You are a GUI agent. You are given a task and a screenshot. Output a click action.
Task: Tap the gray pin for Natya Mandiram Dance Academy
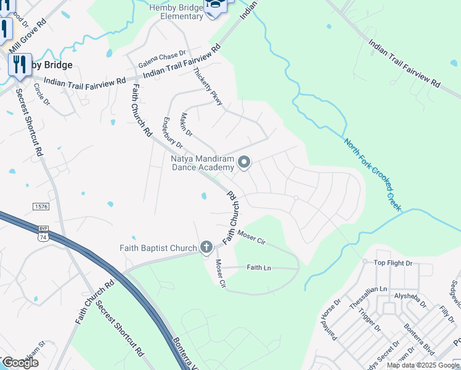(244, 162)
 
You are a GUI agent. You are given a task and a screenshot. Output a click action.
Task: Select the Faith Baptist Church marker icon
(206, 248)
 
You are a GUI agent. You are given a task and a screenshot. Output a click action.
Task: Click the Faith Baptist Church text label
(158, 248)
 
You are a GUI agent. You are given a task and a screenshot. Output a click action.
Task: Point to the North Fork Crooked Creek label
(373, 175)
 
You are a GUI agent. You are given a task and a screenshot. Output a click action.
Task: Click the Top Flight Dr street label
(396, 263)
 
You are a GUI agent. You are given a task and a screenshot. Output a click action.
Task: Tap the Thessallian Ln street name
(366, 289)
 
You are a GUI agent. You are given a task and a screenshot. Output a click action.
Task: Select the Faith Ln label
(259, 268)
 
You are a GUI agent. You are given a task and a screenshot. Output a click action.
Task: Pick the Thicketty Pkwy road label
(208, 86)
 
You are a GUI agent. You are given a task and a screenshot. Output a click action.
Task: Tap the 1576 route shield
(41, 205)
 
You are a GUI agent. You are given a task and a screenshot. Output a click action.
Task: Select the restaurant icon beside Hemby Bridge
(19, 64)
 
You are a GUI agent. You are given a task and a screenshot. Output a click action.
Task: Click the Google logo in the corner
(20, 363)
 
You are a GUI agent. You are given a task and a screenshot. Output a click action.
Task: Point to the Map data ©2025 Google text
(423, 365)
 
